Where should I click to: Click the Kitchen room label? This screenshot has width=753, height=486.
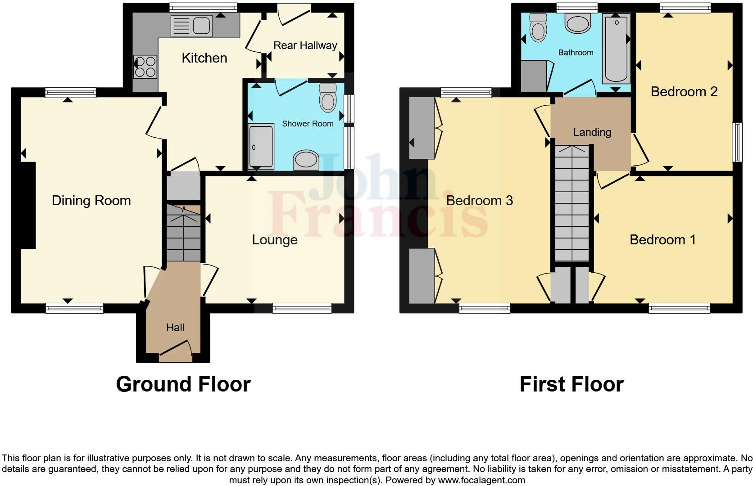(x=204, y=58)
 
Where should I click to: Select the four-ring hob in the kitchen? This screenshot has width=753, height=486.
(x=145, y=67)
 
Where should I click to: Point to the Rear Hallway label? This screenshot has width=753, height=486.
(x=305, y=45)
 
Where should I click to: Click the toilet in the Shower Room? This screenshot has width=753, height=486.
(x=327, y=98)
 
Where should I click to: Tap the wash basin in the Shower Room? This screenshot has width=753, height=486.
(x=306, y=160)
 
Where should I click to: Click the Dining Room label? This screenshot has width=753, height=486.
(x=91, y=201)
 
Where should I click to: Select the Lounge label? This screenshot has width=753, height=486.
(x=274, y=240)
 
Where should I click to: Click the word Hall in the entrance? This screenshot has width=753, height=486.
(x=175, y=328)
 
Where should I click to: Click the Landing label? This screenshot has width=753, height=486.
(x=592, y=132)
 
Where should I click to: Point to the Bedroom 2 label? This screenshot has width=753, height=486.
(x=684, y=92)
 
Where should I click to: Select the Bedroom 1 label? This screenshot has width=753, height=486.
(x=662, y=240)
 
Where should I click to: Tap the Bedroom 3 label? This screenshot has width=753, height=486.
(x=479, y=201)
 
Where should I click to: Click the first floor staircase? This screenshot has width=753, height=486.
(x=572, y=202)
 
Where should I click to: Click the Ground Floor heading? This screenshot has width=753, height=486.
(x=183, y=384)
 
